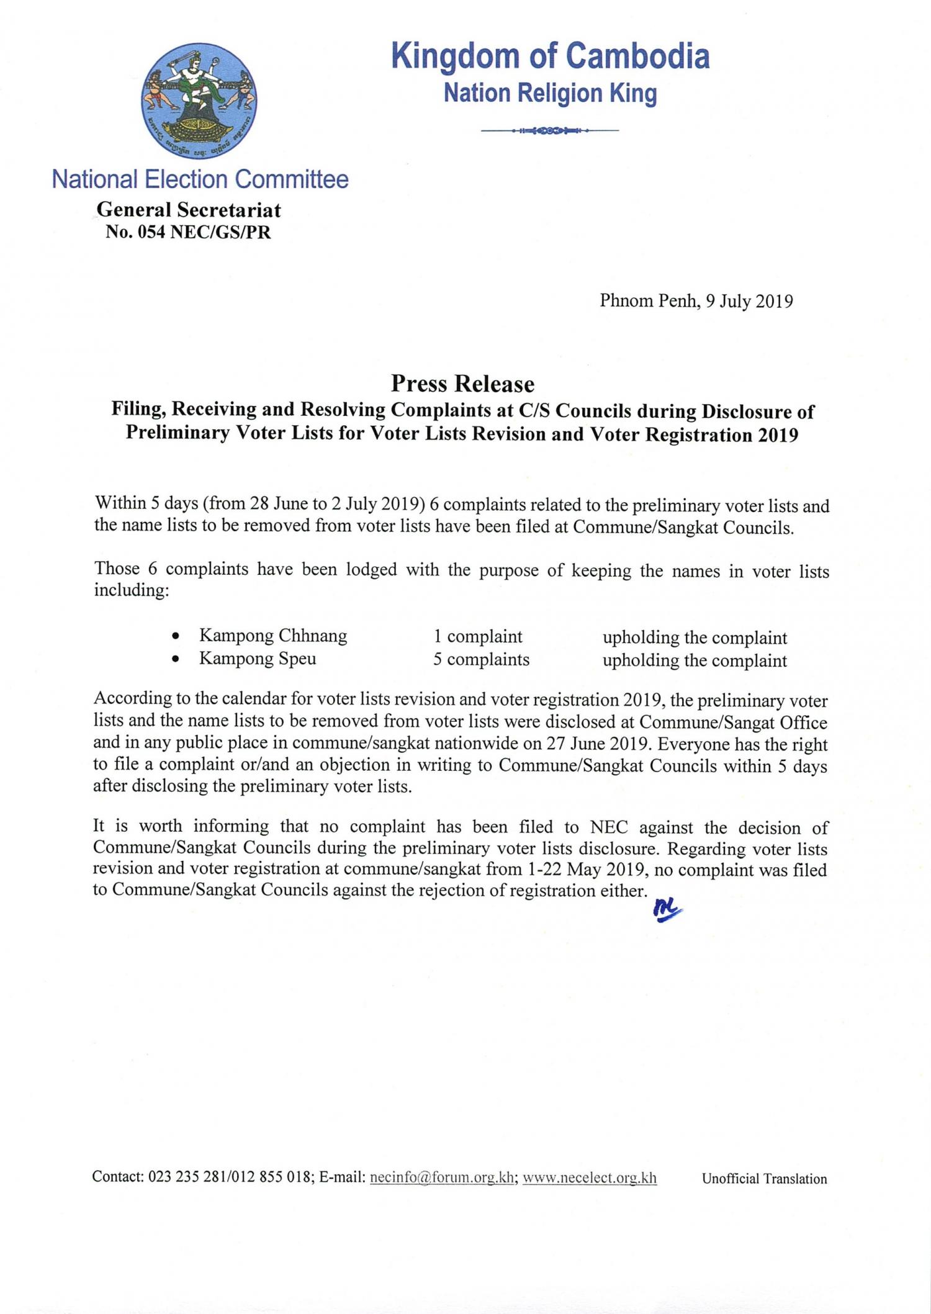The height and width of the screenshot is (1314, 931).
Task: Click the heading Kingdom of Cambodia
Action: click(550, 56)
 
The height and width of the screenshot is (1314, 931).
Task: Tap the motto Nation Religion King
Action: click(550, 93)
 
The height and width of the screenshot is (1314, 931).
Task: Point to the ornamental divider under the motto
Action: click(550, 130)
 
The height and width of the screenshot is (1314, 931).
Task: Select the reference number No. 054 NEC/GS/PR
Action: click(188, 232)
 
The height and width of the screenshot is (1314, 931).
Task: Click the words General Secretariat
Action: click(188, 210)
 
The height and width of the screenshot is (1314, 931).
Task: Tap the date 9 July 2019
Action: click(749, 301)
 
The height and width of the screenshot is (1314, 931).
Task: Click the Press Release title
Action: click(462, 384)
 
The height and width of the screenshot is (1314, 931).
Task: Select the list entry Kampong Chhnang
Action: click(272, 636)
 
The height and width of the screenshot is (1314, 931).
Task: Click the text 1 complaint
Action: click(478, 636)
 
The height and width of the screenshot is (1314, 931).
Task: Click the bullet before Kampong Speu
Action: click(177, 659)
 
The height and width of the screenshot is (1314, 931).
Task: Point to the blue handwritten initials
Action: click(667, 912)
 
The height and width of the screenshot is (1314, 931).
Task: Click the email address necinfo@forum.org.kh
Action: click(441, 1177)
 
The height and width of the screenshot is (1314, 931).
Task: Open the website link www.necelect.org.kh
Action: click(589, 1177)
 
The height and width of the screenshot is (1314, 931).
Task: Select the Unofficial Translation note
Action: click(764, 1179)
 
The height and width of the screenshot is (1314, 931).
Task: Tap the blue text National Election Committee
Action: click(200, 179)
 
